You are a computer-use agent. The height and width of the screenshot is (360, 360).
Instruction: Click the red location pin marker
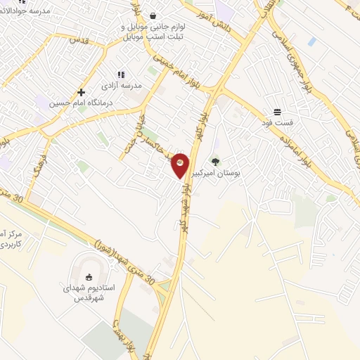(180, 164)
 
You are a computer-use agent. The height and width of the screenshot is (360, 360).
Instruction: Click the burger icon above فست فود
(278, 112)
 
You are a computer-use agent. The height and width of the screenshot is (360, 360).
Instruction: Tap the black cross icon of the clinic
(82, 92)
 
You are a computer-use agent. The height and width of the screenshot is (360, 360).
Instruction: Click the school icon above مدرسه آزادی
(121, 75)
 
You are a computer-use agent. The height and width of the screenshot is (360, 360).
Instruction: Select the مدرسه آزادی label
(122, 85)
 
